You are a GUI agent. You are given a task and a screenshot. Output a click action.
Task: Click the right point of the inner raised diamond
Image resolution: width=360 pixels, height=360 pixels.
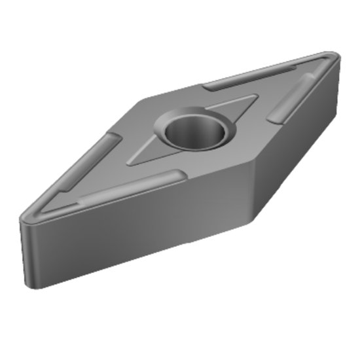point(256,98)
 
